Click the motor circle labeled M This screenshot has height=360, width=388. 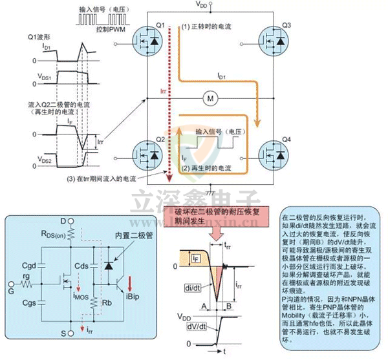209,98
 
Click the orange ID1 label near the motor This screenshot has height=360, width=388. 222,76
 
